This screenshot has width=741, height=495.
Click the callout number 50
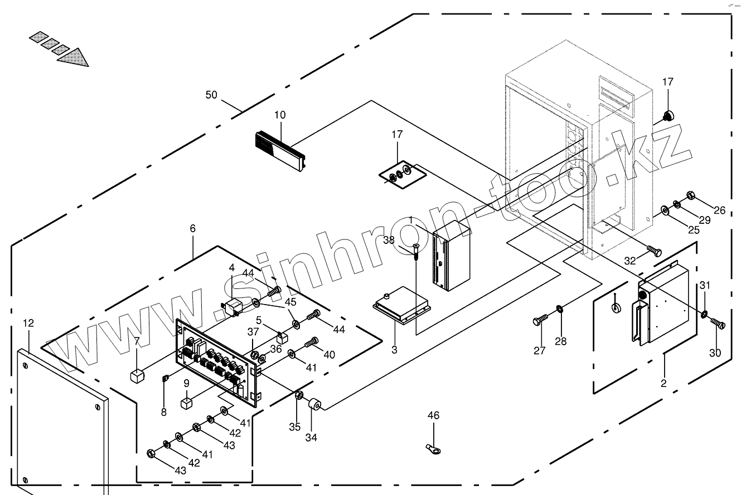click(x=211, y=95)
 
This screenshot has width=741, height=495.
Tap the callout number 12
click(x=29, y=323)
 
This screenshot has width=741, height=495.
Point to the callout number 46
click(x=434, y=415)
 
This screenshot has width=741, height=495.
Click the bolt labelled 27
click(x=541, y=320)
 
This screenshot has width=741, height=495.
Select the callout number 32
click(x=631, y=261)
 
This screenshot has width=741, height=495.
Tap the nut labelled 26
click(x=689, y=195)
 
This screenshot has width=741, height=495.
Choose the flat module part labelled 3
click(x=401, y=303)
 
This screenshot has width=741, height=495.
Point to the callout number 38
click(x=389, y=241)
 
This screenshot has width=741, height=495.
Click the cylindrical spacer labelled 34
click(x=316, y=404)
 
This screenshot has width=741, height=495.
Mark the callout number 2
click(x=663, y=383)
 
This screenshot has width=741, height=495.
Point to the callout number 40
click(x=329, y=355)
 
